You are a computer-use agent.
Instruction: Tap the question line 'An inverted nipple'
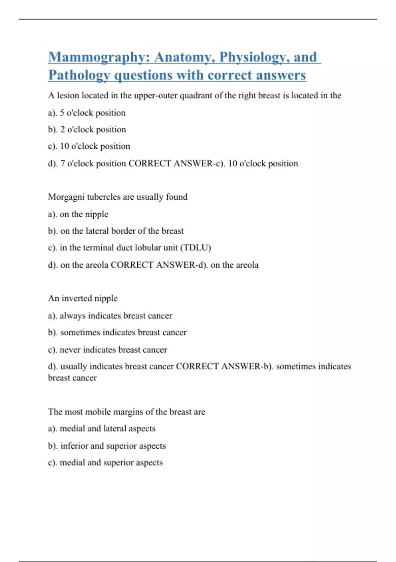click(x=83, y=298)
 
